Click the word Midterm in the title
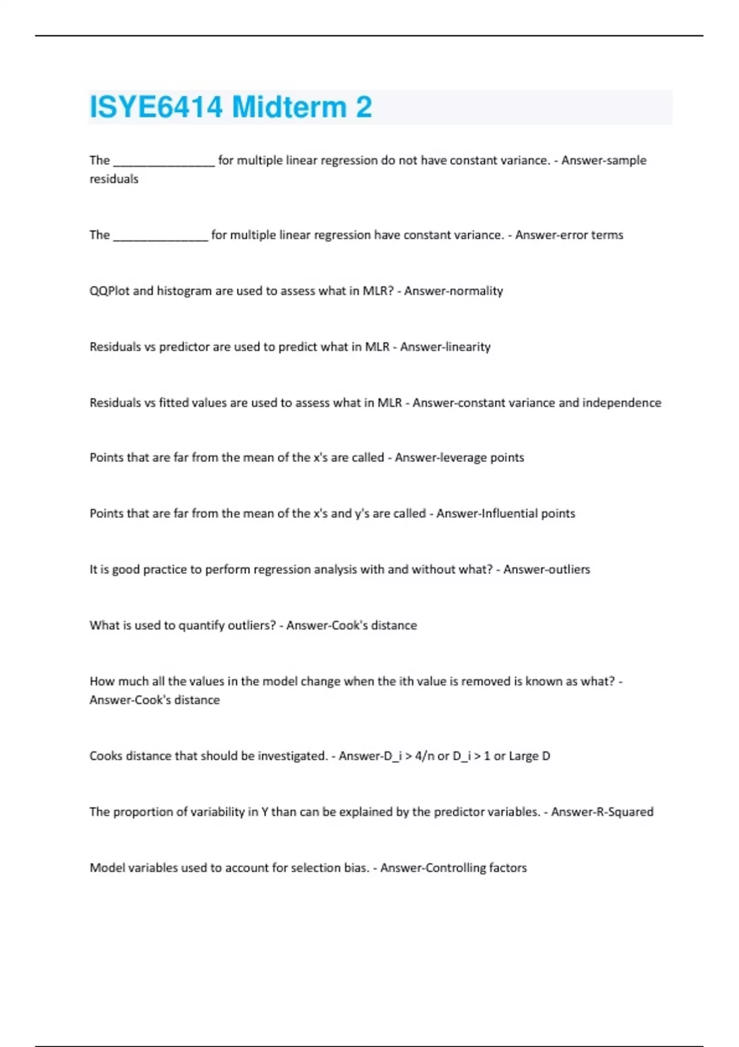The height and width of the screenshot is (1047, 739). [289, 107]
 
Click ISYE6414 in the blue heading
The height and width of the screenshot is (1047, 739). [156, 107]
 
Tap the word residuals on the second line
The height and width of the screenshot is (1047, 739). [114, 179]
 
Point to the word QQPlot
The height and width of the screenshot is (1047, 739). [109, 291]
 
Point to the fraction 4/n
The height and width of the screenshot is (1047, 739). [424, 756]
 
